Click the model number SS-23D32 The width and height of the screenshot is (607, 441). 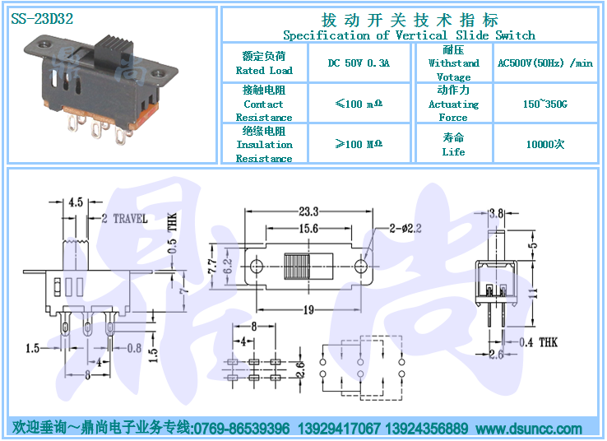(x=42, y=19)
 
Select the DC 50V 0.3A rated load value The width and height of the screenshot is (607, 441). (x=359, y=63)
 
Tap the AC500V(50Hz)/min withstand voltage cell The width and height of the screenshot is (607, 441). (x=545, y=63)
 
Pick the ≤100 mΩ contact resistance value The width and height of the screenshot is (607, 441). (x=359, y=104)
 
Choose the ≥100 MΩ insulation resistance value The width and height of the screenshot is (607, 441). (x=359, y=144)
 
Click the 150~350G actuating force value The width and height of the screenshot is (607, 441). (x=545, y=104)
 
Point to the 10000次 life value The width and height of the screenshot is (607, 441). (x=545, y=145)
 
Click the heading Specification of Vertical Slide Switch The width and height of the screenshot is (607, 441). (x=409, y=35)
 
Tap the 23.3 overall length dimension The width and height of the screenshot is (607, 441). (x=308, y=211)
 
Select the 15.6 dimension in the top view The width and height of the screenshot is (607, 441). (x=308, y=229)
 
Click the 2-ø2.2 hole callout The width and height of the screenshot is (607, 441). (x=405, y=229)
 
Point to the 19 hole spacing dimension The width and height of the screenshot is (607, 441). (x=308, y=309)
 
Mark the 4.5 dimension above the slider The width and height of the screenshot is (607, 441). (x=76, y=202)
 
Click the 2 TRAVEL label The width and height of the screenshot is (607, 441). (x=125, y=219)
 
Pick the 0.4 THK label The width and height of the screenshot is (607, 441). (x=538, y=342)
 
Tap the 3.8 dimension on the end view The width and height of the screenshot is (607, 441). (x=496, y=213)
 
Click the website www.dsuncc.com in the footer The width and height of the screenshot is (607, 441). (x=529, y=429)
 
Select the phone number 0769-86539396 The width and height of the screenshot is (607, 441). (x=242, y=429)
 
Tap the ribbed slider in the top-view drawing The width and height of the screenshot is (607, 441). (x=297, y=267)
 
